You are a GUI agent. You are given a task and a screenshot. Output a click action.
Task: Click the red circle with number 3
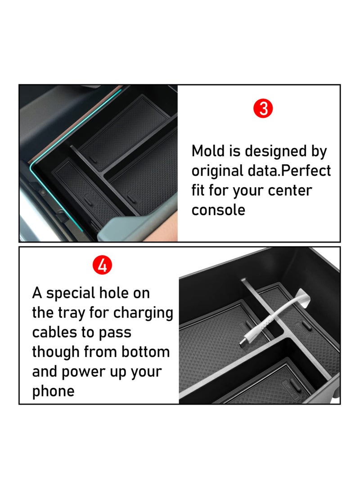pos(264,109)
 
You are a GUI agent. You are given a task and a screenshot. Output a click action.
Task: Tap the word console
pos(218,210)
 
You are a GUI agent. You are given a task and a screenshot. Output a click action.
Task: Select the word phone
pos(53,391)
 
